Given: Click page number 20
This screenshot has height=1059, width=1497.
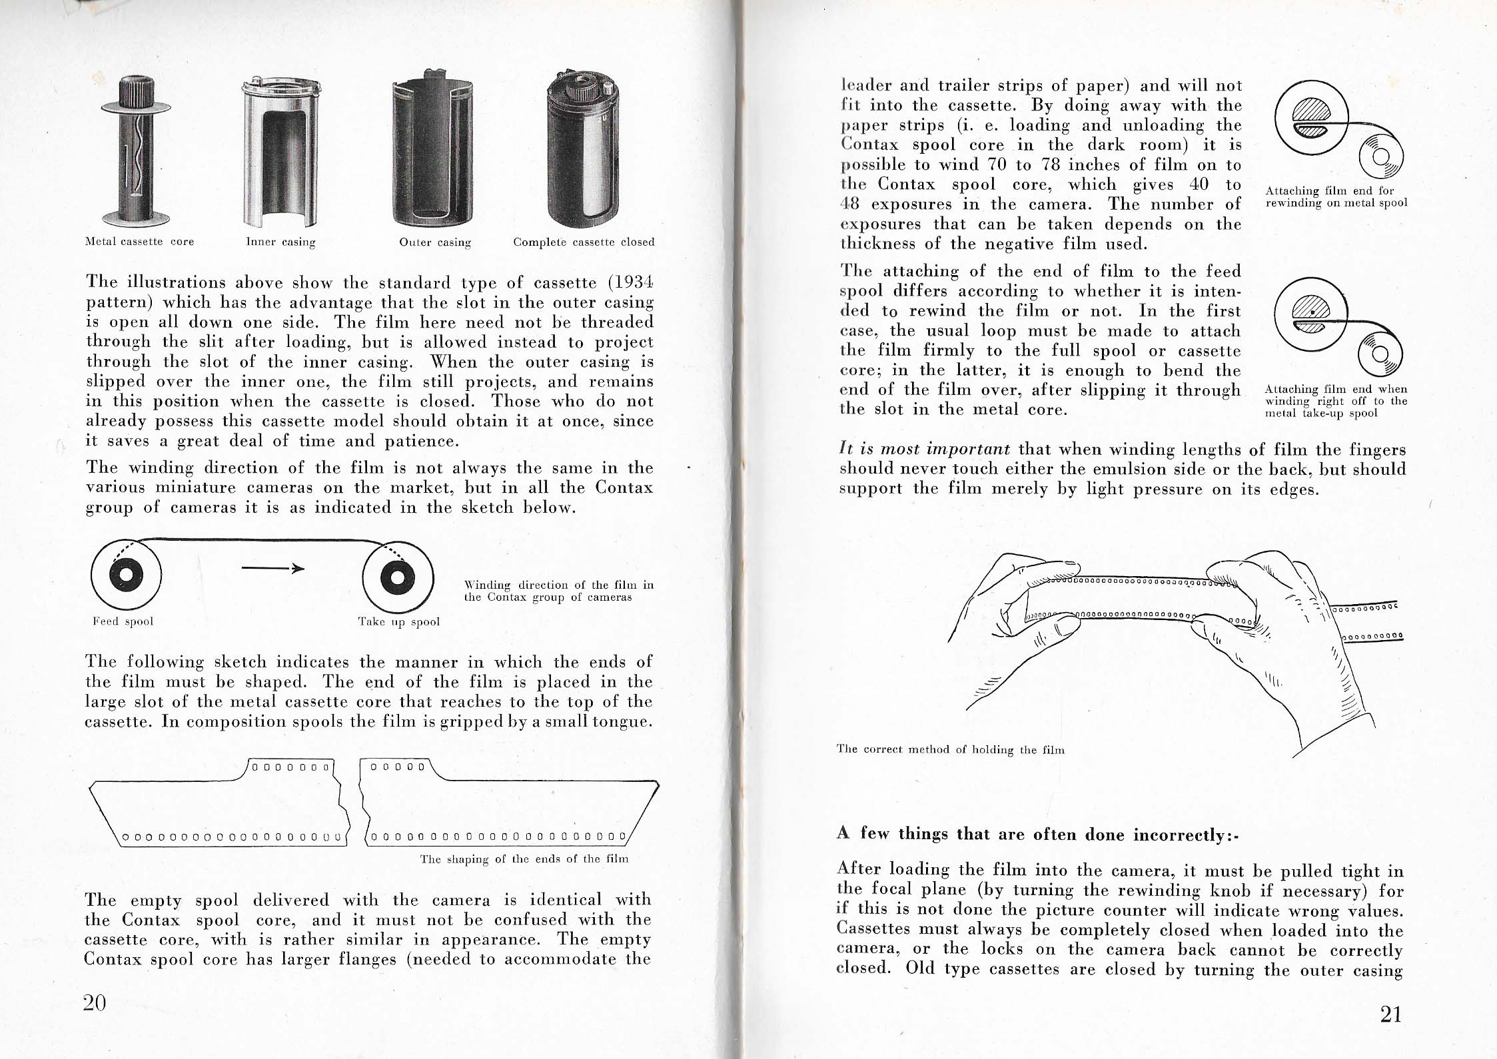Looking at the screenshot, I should pos(95,1002).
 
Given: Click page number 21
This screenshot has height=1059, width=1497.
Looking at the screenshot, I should pos(1391,1014).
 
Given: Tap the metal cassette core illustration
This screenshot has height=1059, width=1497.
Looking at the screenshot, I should pos(137,153).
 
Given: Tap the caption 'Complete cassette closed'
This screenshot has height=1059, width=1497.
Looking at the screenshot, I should pos(584,242).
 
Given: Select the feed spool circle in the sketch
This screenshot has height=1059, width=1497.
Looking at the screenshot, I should pos(126,576).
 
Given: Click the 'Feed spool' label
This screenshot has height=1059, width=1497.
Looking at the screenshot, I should pos(123,621).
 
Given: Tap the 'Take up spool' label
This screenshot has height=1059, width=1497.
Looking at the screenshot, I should pos(399,622).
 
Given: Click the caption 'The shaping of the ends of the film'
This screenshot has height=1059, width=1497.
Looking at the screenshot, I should pos(524,859).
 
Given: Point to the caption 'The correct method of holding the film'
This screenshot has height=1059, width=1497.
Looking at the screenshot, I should pos(950,750).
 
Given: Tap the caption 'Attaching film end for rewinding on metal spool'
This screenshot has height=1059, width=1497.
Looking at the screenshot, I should pos(1335,196).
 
